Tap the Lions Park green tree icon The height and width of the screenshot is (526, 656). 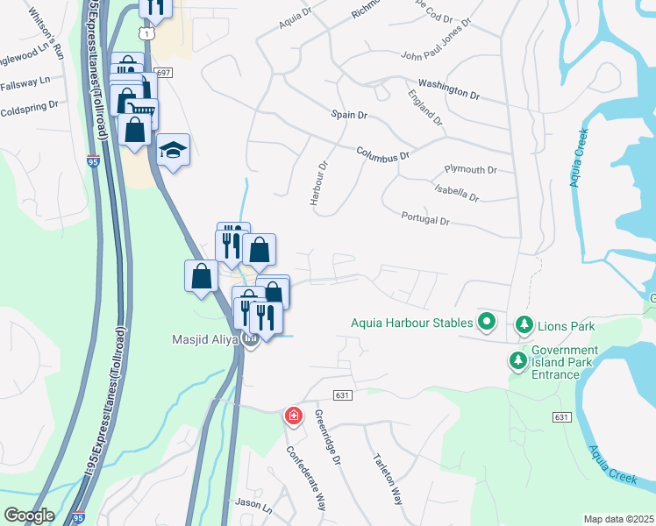click(x=524, y=325)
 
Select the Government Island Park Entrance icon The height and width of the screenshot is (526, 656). click(x=518, y=360)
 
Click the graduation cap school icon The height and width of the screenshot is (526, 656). click(x=174, y=150)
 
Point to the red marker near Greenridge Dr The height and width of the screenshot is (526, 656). click(x=293, y=415)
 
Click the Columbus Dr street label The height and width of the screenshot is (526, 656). click(x=383, y=153)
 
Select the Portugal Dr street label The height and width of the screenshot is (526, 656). click(x=425, y=218)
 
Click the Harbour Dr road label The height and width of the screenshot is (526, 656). click(x=317, y=182)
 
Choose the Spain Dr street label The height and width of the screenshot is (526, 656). click(x=348, y=115)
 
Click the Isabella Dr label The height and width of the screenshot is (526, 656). click(x=457, y=193)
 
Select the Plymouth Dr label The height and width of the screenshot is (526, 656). click(x=471, y=169)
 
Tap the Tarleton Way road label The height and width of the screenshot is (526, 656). click(x=387, y=480)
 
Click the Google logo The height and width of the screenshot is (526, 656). click(x=28, y=515)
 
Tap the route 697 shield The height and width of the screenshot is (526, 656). click(x=163, y=73)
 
